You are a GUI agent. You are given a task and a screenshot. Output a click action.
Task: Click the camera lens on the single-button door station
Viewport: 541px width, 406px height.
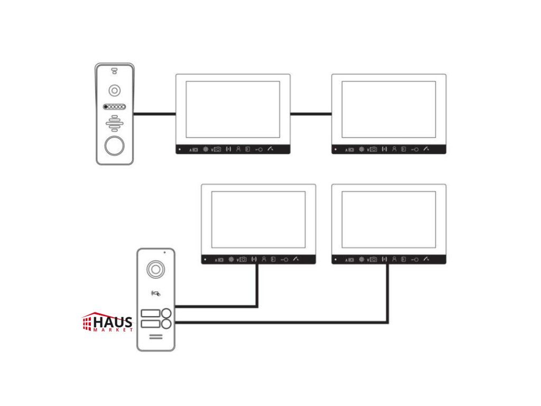[115, 90]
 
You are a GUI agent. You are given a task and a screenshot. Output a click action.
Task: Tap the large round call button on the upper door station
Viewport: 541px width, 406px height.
[114, 145]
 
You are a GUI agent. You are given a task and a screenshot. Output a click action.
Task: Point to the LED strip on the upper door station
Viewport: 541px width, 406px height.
[115, 106]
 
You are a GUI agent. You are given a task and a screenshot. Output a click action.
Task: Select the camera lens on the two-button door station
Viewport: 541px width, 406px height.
[156, 269]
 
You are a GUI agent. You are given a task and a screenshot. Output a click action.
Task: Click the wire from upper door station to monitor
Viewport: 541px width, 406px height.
[155, 113]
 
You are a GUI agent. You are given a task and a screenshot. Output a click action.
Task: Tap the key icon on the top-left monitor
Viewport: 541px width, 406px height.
[259, 150]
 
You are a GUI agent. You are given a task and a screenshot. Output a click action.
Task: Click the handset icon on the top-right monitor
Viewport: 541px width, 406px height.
[426, 149]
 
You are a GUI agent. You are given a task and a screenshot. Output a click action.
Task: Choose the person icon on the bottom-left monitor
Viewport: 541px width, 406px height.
[264, 259]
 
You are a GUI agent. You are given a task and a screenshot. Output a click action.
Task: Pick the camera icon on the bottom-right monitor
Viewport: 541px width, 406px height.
[374, 260]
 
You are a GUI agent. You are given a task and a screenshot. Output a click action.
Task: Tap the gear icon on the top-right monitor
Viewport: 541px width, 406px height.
[361, 149]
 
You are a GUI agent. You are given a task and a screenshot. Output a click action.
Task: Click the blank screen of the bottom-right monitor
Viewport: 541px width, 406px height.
[388, 219]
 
